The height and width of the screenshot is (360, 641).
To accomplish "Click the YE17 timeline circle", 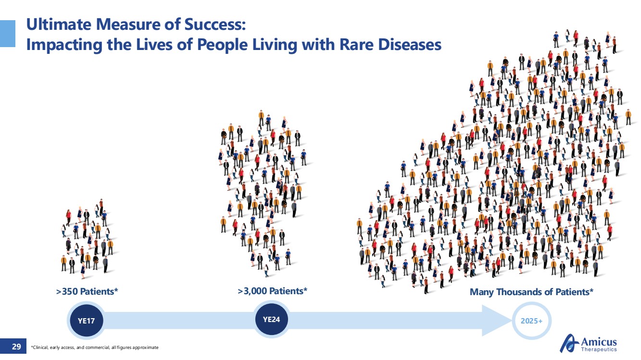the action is (x=87, y=321).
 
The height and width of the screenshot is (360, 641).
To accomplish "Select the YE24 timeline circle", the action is (x=271, y=320).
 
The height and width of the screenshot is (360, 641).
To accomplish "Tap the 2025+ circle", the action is (x=531, y=321).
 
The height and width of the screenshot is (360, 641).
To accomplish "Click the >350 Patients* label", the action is (x=87, y=291).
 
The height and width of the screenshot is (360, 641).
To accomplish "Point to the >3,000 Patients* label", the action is (x=273, y=291).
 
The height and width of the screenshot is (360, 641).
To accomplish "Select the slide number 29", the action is (x=16, y=347).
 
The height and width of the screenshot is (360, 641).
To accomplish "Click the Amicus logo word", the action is (x=599, y=342).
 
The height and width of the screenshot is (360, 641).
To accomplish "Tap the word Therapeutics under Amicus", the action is (x=599, y=349).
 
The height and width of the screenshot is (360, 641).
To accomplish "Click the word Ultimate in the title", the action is (x=59, y=24).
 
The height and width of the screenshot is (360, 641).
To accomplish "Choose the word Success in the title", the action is (x=215, y=24).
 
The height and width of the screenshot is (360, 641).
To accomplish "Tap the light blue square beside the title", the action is (x=7, y=34).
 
